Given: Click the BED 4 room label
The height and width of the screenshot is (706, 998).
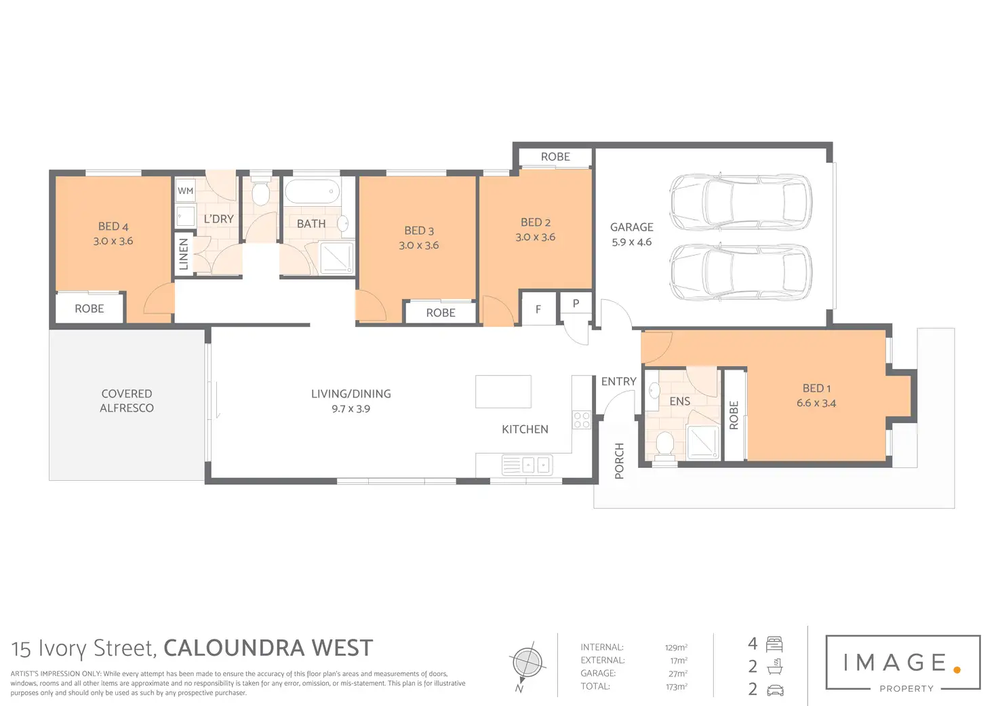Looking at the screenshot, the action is click(x=113, y=227).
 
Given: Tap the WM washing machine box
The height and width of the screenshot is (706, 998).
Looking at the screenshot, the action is click(x=185, y=191).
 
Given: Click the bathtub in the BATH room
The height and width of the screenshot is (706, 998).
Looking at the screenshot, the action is click(x=312, y=191).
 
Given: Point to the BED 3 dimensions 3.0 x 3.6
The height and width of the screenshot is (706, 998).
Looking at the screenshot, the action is click(x=418, y=246).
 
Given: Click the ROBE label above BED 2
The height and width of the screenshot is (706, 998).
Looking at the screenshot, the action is click(x=555, y=157).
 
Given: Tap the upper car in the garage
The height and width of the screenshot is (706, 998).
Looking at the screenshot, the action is click(x=740, y=201).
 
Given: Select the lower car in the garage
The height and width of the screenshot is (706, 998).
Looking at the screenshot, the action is click(x=740, y=273).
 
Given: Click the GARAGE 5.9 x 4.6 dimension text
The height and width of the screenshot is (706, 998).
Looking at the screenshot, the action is click(x=631, y=242).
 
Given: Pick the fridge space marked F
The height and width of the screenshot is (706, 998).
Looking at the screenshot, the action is click(x=538, y=309).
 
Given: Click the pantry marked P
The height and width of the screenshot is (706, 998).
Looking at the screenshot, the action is click(x=576, y=303).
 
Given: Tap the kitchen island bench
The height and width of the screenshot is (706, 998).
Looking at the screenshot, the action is click(x=503, y=391).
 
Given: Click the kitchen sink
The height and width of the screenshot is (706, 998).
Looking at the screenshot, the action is click(x=527, y=465).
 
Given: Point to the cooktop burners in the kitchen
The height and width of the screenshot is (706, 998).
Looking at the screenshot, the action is click(x=582, y=420).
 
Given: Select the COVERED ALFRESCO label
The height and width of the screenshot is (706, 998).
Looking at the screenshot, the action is click(x=127, y=401).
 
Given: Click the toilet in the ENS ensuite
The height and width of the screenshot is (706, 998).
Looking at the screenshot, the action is click(x=664, y=445).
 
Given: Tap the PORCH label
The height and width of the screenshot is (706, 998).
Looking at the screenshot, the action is click(x=619, y=461).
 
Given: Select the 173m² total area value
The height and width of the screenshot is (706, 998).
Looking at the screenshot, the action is click(x=676, y=686).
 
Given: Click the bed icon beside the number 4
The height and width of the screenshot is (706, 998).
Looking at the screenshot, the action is click(x=774, y=644).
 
